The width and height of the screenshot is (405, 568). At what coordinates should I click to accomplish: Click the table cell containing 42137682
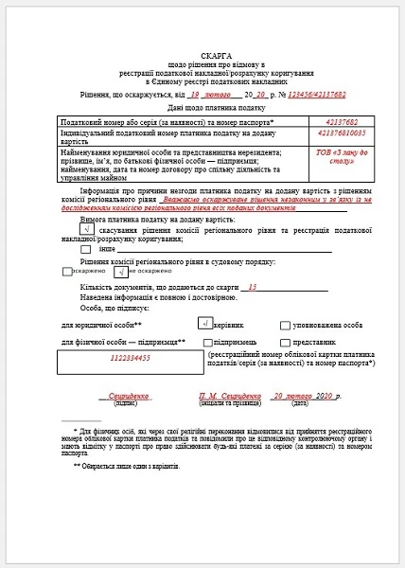pos(340,122)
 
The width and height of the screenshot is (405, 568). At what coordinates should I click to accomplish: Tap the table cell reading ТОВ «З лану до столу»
pos(340,160)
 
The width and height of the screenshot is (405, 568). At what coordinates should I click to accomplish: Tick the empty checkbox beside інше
pos(86,249)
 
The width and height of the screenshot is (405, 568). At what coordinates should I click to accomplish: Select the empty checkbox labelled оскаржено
pos(67,271)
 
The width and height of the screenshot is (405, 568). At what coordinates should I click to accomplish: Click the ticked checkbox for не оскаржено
pos(120,271)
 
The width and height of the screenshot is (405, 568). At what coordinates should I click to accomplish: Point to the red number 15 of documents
pos(252,287)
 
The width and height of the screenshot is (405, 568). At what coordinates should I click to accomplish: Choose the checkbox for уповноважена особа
pos(285,325)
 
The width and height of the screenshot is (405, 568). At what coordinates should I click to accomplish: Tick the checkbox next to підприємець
pos(204,341)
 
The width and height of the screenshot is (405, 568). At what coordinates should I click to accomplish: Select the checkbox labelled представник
pos(285,341)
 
